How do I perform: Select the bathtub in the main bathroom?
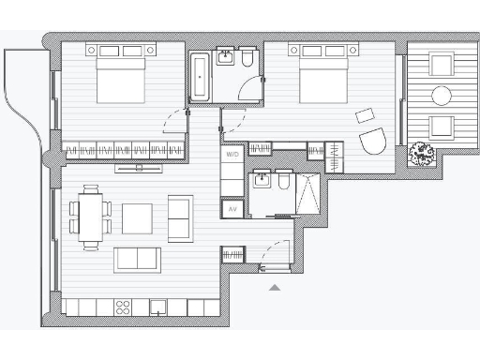pos(200,77)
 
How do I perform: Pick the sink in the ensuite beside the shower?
pos(262,180)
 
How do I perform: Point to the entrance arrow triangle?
pos(275,288)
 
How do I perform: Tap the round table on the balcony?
pos(441,95)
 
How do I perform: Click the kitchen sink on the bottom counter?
pos(159,307)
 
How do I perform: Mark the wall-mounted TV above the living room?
pos(138,168)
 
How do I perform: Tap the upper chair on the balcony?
pos(441,64)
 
